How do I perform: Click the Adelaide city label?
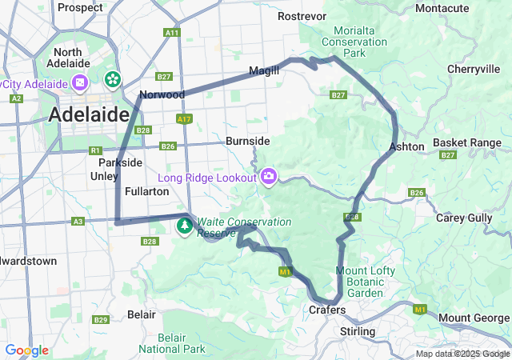(89, 115)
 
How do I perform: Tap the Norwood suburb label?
(162, 94)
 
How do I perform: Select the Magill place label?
(264, 70)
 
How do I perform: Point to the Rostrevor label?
(302, 16)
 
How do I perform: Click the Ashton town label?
(406, 146)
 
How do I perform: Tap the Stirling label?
(358, 331)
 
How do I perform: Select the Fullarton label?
(146, 191)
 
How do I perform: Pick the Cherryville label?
(474, 70)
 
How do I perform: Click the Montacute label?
(465, 8)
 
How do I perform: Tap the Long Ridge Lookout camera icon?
(269, 175)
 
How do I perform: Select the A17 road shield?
(185, 119)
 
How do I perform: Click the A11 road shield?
(171, 33)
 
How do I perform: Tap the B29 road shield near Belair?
(100, 320)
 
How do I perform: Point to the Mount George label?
(474, 318)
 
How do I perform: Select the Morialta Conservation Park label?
(354, 42)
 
